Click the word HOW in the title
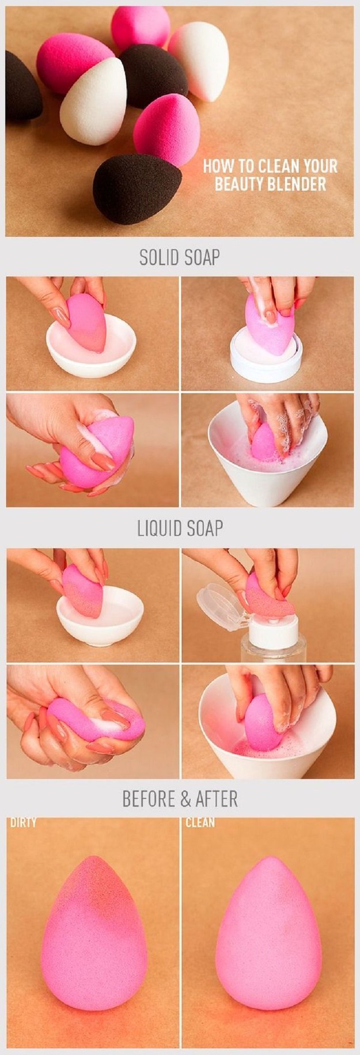click(x=217, y=167)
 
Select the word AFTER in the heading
click(x=217, y=799)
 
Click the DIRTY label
click(x=23, y=822)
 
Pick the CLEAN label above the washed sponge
click(x=200, y=822)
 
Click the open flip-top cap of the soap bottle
click(x=219, y=605)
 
